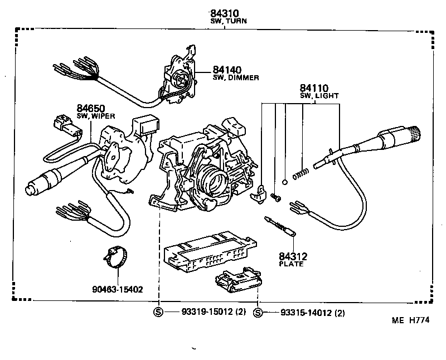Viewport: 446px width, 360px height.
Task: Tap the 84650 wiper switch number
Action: point(91,108)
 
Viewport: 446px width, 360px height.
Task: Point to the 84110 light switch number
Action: point(314,88)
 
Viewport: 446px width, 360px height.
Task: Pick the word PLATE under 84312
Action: point(292,264)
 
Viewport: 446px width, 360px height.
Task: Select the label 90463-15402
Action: point(118,289)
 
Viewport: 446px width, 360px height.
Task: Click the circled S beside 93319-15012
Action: point(158,313)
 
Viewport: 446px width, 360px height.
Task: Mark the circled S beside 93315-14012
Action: point(258,313)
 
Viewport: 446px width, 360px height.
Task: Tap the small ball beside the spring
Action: point(285,181)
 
